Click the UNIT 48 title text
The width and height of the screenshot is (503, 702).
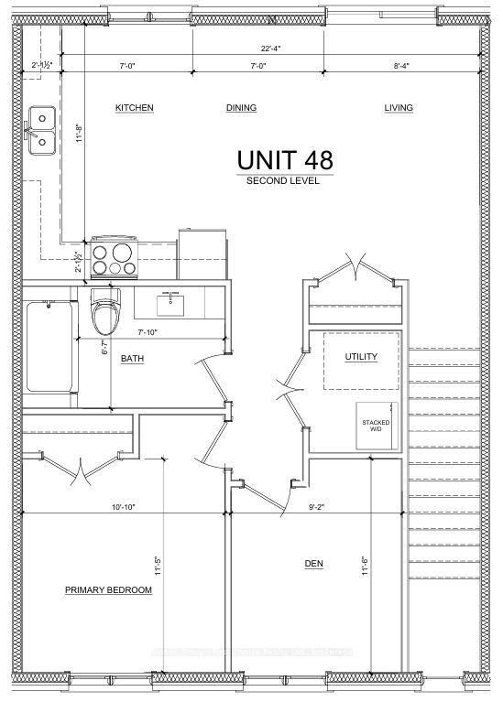284,158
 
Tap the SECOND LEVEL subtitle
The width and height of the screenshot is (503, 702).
283,181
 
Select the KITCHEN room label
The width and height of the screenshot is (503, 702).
134,108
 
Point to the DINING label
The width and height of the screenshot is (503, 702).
241,108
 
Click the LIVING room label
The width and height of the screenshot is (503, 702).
399,108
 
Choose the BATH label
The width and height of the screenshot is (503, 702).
133,358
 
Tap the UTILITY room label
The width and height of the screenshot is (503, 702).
360,356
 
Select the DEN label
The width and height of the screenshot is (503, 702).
314,563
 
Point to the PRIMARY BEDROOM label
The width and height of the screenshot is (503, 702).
108,590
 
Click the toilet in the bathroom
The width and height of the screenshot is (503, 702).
105,314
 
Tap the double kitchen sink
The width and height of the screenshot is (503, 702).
40,129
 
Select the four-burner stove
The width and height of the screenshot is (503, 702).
115,256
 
